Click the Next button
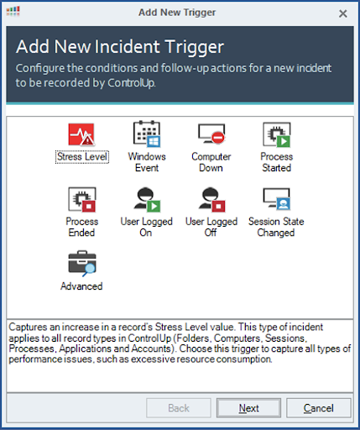(248, 408)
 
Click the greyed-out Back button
(179, 408)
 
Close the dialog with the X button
(343, 13)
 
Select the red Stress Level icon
(81, 134)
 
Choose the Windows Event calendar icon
(147, 134)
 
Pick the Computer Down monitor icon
(211, 134)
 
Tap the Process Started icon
(277, 134)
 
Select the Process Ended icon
(82, 199)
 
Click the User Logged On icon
(147, 199)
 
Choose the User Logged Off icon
(211, 199)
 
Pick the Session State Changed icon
(277, 199)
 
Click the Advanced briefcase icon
(82, 263)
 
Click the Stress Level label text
(82, 156)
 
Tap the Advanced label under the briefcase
(81, 286)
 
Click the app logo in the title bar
(13, 11)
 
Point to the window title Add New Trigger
(177, 13)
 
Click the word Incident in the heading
(128, 46)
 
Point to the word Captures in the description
(28, 328)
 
